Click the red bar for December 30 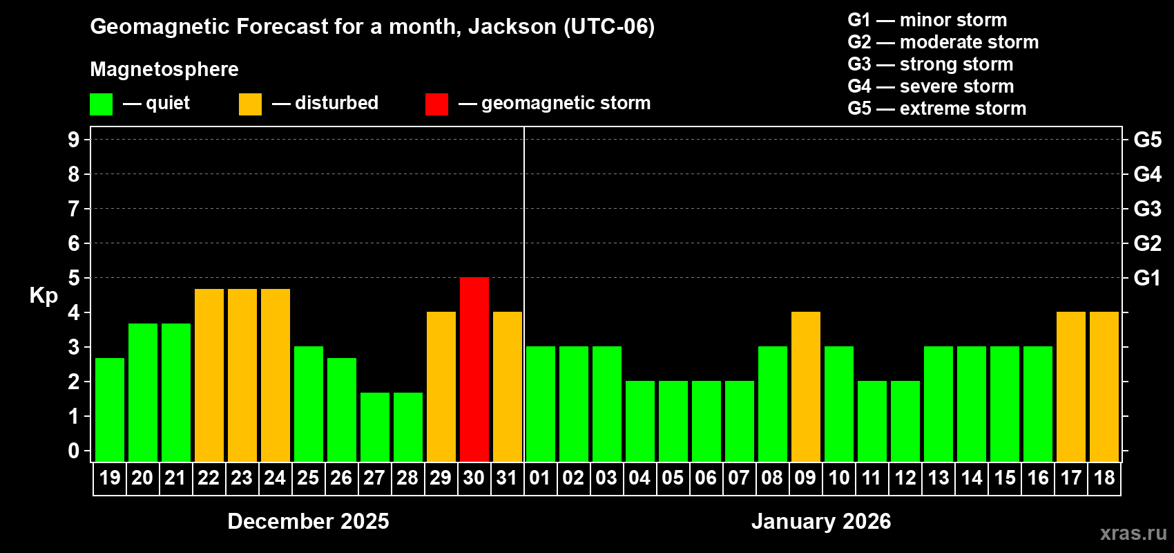point(474,369)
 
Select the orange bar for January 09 point(806,386)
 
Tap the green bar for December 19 point(110,409)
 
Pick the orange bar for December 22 point(209,375)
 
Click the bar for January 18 point(1104,386)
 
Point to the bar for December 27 point(375,427)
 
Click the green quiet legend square point(102,104)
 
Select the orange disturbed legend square point(250,104)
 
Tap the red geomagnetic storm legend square point(436,104)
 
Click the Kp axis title point(44,295)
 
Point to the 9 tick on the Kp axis point(74,140)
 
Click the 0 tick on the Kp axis point(74,451)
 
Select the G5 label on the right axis point(1147,140)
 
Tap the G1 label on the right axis point(1147,278)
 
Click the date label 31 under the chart point(507,478)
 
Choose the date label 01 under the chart point(540,478)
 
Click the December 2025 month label point(308,521)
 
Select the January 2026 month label point(821,521)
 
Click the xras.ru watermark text point(1133,533)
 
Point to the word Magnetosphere point(164,69)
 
